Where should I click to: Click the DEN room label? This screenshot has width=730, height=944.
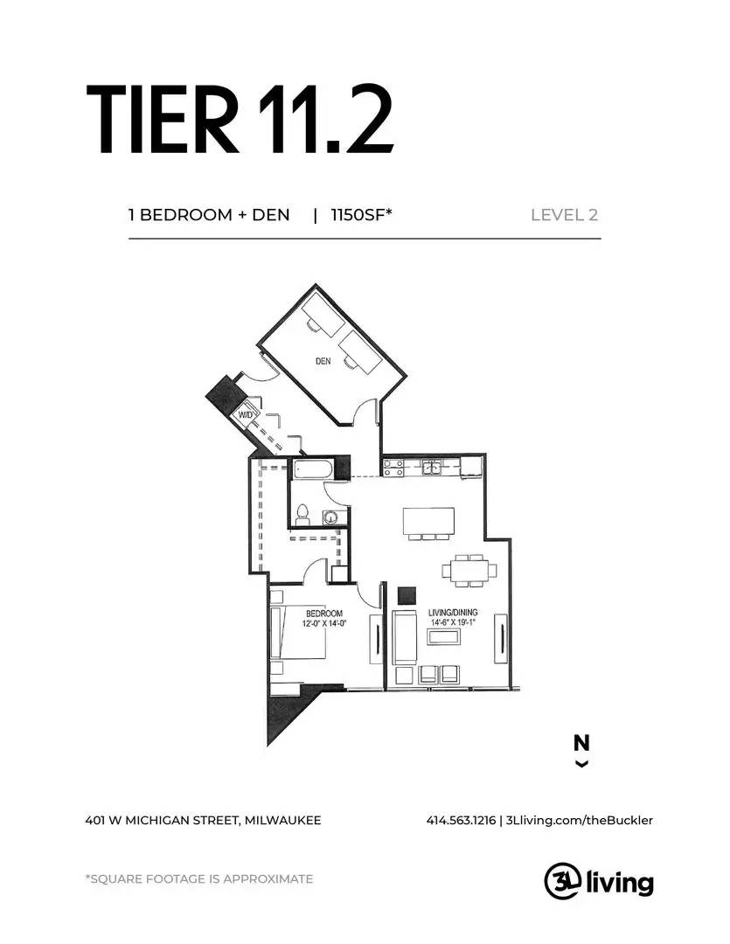323,361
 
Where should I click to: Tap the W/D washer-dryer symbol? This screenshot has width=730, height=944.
246,415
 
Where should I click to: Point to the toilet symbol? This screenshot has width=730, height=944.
302,514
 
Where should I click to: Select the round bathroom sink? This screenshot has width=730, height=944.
330,517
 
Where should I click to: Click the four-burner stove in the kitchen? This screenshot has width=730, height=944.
393,467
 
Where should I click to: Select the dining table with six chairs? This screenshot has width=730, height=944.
469,570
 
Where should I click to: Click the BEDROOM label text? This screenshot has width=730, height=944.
324,614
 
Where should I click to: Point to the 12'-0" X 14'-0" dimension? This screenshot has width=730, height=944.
324,624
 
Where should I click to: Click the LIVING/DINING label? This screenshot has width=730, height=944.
453,612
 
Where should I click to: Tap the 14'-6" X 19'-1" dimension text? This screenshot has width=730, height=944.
453,622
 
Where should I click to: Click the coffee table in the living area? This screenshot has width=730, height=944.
443,636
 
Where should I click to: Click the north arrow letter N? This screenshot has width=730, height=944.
581,743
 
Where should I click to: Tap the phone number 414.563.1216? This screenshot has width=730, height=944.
461,820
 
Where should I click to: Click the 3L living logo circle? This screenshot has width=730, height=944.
562,881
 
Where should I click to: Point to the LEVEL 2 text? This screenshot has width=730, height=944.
565,215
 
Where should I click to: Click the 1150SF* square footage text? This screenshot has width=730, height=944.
361,215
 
